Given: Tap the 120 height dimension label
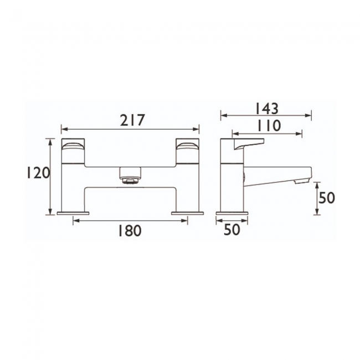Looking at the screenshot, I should point(38,173).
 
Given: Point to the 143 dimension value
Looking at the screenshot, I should point(266,107).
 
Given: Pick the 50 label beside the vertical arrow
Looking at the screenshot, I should point(327,198).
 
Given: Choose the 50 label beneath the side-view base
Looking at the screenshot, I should point(232,230).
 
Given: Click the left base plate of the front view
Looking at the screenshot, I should point(73,213).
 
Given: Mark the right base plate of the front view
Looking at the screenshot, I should point(187,213).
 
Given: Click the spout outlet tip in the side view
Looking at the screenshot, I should point(302,181).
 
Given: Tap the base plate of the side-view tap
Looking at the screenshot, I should point(232,213).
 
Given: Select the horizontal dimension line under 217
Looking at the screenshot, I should point(130,128).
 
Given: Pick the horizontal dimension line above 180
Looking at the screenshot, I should point(130,220).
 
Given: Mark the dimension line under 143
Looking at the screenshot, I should point(266,116).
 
